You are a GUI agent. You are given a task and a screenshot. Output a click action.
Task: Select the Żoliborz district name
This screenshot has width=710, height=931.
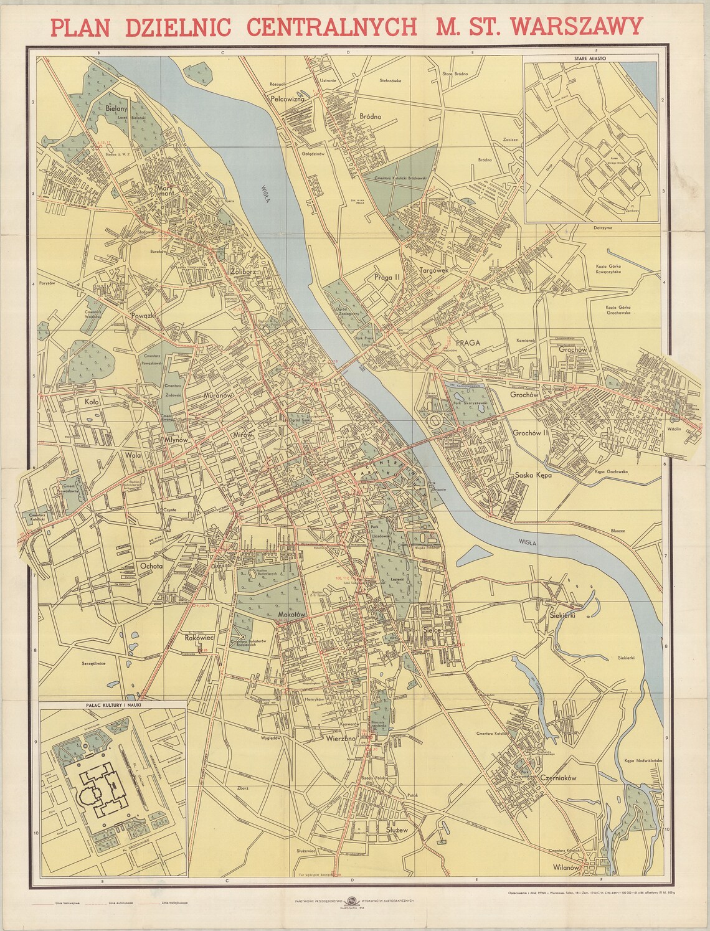244,272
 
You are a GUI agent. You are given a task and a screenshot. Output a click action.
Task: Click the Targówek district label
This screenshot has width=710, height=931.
434,271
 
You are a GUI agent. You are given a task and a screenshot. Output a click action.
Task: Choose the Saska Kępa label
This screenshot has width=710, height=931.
534,475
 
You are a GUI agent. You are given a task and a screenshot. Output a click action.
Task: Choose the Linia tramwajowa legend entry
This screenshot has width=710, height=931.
70,902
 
